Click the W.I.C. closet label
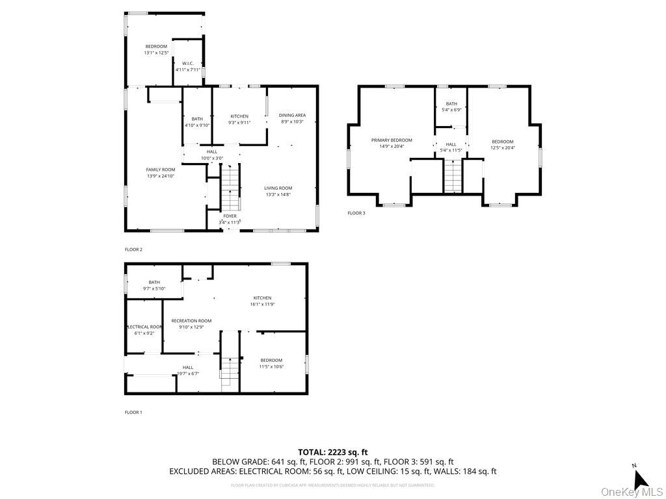[188, 63]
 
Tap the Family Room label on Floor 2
[160, 170]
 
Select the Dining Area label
[292, 115]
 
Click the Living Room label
[278, 188]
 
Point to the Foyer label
[230, 216]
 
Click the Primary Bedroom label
[392, 140]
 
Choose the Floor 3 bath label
[451, 104]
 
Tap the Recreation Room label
[191, 320]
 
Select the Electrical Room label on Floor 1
[144, 327]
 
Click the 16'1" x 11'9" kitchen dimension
[262, 304]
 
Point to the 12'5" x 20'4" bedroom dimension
[502, 147]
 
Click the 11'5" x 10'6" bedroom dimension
[271, 366]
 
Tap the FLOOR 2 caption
[133, 249]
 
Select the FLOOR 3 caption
[356, 213]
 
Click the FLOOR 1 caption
[133, 412]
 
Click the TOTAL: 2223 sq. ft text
[332, 452]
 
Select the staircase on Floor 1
[230, 374]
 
